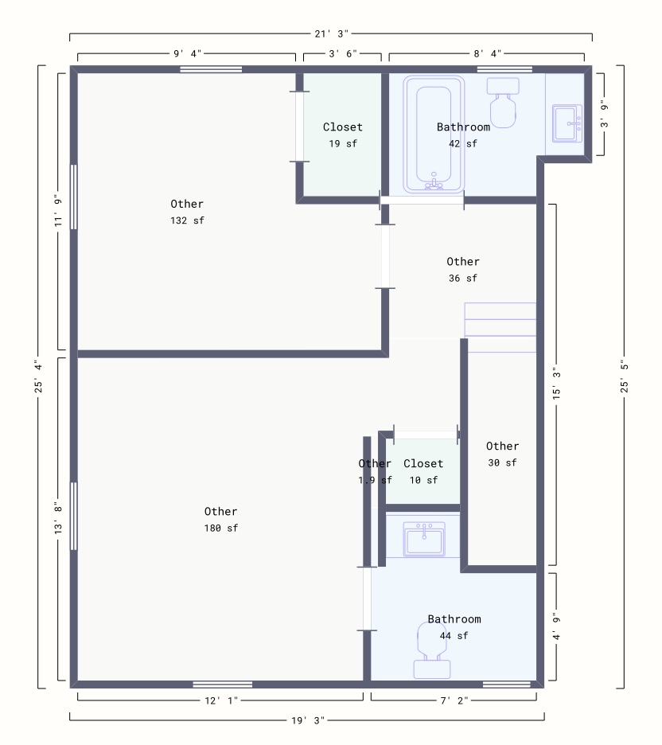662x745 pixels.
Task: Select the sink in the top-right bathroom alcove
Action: pyautogui.click(x=567, y=124)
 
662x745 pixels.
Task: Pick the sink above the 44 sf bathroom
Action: pyautogui.click(x=423, y=540)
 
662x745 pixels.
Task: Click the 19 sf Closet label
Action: pyautogui.click(x=342, y=127)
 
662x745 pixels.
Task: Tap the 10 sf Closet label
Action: pyautogui.click(x=423, y=463)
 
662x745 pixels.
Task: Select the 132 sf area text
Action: pyautogui.click(x=187, y=220)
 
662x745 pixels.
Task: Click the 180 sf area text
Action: pyautogui.click(x=220, y=528)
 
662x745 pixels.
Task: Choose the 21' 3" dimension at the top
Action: pyautogui.click(x=330, y=33)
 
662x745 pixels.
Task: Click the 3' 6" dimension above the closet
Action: pyautogui.click(x=342, y=53)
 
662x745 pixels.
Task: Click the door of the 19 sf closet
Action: pyautogui.click(x=299, y=127)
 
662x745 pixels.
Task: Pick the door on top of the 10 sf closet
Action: pyautogui.click(x=426, y=434)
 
